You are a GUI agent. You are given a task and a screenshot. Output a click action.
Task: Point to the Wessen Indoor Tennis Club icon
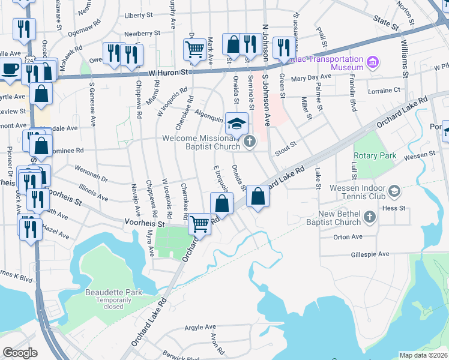(x=394, y=191)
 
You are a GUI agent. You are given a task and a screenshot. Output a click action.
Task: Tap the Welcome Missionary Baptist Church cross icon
(x=249, y=142)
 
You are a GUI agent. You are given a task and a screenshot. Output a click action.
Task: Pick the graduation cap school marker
(x=237, y=123)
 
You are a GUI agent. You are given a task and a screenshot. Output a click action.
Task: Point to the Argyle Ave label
(x=200, y=327)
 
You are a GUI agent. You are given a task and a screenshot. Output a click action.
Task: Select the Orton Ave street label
(x=348, y=237)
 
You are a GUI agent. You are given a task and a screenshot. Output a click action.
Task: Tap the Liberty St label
(x=139, y=16)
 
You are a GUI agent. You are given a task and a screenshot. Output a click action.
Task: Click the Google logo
(x=20, y=353)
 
